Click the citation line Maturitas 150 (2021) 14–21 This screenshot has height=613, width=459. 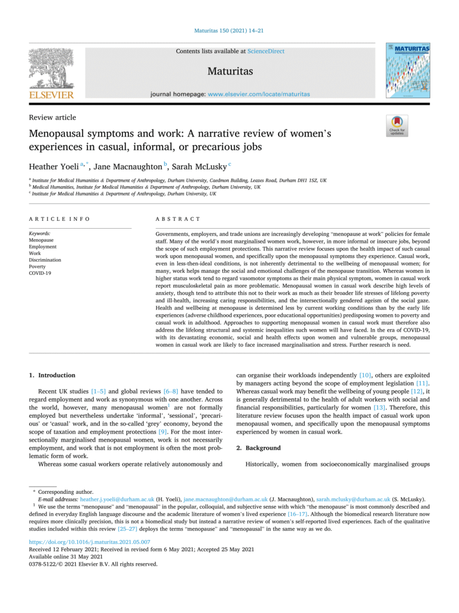click(229, 30)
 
